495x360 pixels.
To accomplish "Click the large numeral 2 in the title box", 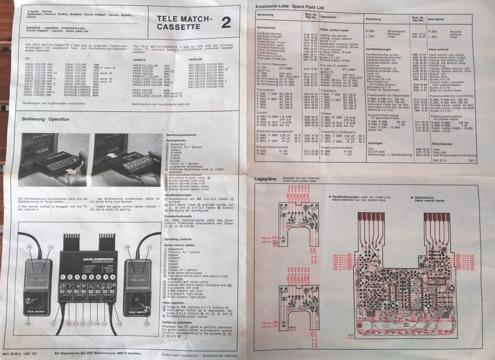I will (226, 23).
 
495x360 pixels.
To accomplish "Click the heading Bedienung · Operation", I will (45, 119).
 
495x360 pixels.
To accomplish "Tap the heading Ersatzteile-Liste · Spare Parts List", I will (290, 7).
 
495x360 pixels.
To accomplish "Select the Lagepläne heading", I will (265, 179).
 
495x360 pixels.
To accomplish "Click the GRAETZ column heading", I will (139, 60).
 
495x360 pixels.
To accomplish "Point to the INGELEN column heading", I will (195, 59).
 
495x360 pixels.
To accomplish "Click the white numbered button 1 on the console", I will (63, 277).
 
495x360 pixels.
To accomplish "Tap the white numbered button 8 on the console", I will (113, 277).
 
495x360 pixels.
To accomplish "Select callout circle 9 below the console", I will (53, 324).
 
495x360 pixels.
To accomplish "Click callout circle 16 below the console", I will (119, 324).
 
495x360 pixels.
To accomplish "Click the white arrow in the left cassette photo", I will (71, 170).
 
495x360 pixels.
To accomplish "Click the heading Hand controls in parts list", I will (438, 50).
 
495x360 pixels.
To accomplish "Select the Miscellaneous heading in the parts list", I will (442, 144).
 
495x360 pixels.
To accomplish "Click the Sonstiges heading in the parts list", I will (375, 143).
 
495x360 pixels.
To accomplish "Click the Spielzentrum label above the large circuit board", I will (424, 197).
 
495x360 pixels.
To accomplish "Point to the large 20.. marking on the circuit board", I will (407, 326).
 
